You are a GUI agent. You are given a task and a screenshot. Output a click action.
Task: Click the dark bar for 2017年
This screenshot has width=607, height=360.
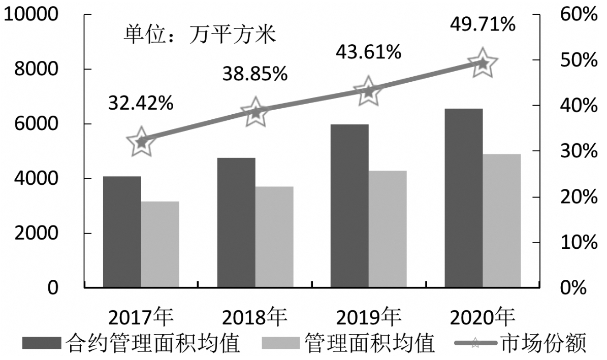point(122,232)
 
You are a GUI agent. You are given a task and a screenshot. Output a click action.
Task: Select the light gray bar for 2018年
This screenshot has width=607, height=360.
point(274,237)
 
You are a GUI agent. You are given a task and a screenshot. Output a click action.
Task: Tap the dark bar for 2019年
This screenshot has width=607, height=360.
point(349,206)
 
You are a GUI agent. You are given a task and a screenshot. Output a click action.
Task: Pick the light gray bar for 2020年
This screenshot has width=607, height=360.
point(502,220)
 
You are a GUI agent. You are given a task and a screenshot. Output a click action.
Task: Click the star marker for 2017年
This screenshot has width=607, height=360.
point(141,142)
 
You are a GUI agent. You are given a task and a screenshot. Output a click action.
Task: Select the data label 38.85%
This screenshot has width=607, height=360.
point(255,75)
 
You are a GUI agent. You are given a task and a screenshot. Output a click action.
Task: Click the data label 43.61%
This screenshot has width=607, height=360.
point(369,52)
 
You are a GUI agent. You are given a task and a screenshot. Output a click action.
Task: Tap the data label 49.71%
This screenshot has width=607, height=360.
point(483,23)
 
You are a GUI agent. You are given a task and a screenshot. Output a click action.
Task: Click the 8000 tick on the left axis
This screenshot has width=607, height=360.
point(39,69)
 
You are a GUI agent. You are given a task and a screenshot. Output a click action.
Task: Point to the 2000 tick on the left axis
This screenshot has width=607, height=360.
point(39,233)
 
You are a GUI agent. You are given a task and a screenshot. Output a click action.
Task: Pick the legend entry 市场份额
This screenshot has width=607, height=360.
point(544,344)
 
